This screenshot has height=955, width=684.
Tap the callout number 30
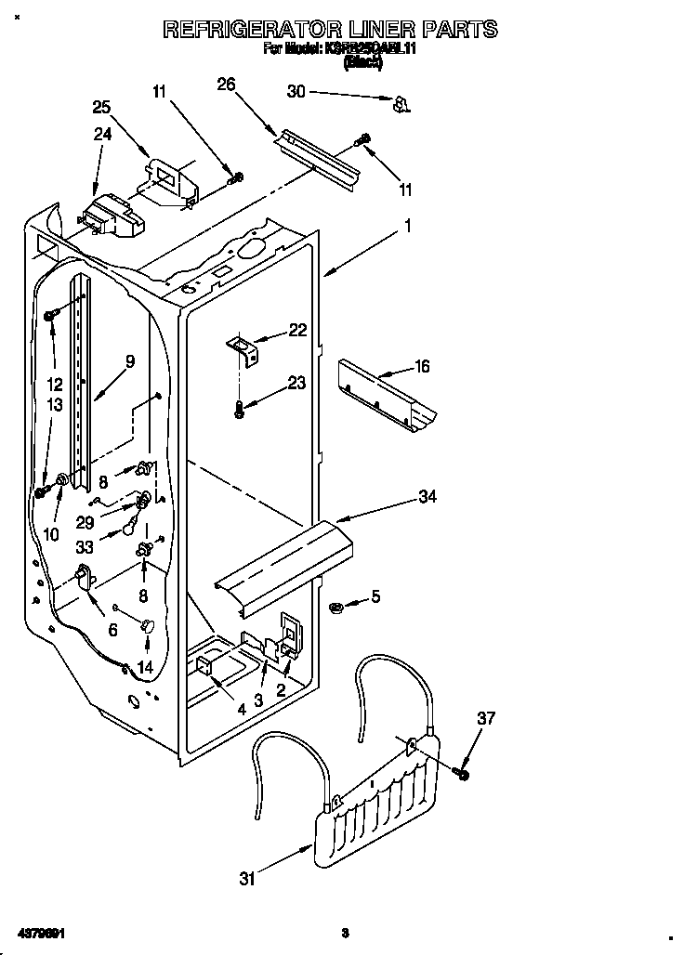[x=296, y=91]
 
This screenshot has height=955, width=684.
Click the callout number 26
[x=226, y=85]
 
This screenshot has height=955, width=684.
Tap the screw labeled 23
[x=240, y=408]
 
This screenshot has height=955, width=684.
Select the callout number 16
[x=422, y=367]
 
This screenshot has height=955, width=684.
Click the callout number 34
[x=427, y=497]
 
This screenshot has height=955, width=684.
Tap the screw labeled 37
[x=462, y=772]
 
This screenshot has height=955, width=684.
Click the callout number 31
[x=246, y=878]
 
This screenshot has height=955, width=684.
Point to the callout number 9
[x=129, y=361]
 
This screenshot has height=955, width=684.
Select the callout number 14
[x=144, y=666]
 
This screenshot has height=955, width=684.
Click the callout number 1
[x=406, y=225]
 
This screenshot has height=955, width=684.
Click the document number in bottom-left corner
[x=41, y=932]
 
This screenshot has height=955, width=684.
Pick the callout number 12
[x=55, y=384]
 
